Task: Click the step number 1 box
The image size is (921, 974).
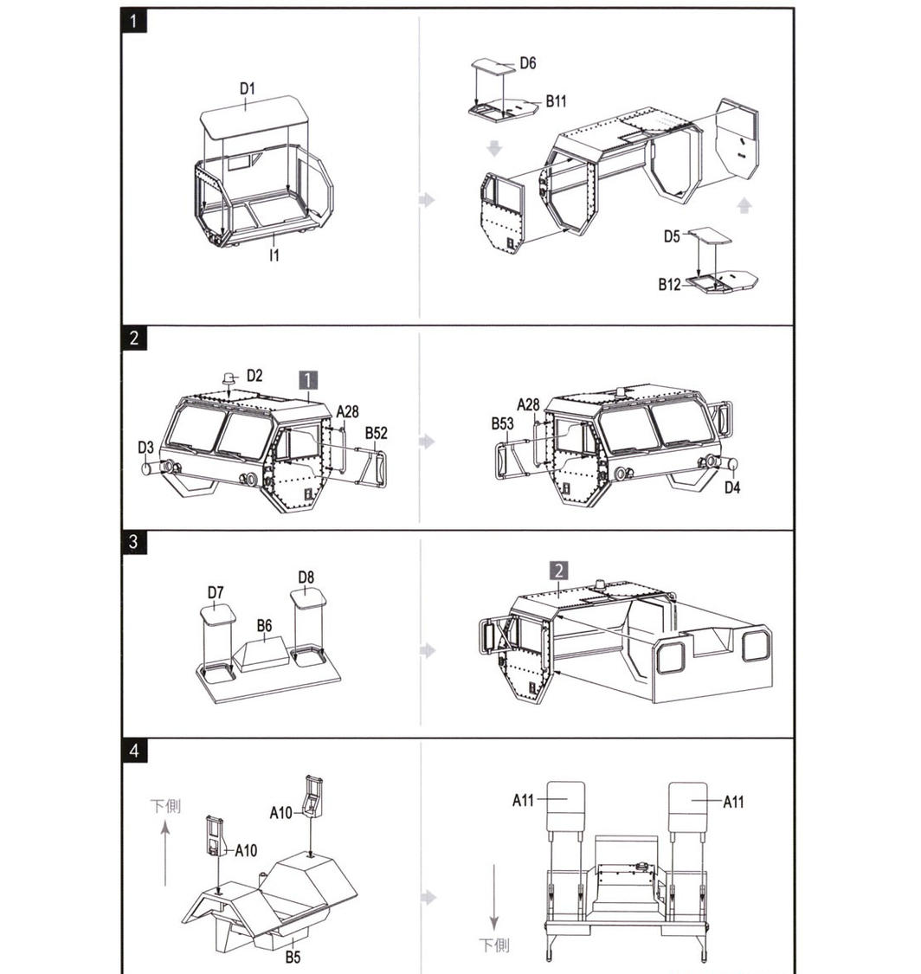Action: [134, 21]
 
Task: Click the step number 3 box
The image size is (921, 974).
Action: [134, 542]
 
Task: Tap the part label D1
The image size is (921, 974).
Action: [248, 89]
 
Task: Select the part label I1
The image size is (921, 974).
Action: [274, 255]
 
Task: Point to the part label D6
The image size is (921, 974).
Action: [528, 62]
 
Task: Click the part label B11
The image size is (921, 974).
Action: [557, 101]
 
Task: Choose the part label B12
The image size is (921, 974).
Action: [669, 285]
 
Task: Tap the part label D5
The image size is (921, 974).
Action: [672, 236]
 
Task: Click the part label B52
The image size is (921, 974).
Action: [377, 433]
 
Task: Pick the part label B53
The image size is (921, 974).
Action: [502, 423]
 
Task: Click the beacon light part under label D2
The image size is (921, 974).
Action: [229, 377]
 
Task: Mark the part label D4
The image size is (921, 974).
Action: [733, 487]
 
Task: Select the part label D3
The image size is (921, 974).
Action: [145, 448]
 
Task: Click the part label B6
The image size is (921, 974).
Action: [265, 625]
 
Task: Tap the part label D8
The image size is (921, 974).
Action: [306, 577]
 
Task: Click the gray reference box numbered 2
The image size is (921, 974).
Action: [558, 571]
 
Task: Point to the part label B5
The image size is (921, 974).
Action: [293, 958]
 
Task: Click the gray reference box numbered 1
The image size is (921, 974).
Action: [308, 380]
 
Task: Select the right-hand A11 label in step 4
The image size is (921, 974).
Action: [733, 802]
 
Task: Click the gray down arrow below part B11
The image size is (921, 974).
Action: [494, 148]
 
